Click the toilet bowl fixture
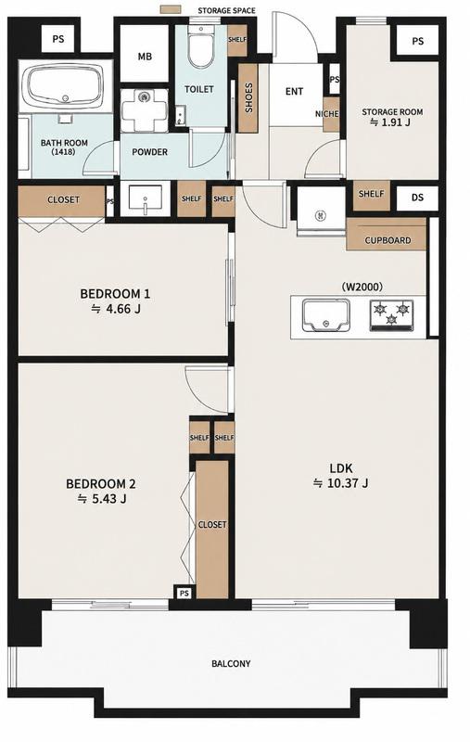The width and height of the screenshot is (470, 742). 201,47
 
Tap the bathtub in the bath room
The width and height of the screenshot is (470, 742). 65,85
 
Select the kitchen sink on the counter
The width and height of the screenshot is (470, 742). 326,315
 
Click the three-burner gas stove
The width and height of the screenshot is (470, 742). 391,314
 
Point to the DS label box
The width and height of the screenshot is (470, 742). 417,198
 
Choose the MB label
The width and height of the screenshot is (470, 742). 145,57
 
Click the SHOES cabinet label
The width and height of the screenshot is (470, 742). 248,98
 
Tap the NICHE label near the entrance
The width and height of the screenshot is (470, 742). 326,114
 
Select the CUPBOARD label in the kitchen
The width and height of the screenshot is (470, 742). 387,240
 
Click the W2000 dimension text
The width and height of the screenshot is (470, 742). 362,287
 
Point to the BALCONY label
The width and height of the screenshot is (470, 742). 231,663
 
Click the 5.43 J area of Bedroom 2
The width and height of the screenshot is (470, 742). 102,499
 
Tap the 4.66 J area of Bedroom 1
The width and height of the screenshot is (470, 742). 116,309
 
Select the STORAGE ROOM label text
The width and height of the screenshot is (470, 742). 392,112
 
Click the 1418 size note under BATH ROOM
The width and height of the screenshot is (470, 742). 64,152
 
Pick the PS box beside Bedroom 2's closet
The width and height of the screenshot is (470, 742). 184,593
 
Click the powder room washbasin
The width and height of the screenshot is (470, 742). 146,198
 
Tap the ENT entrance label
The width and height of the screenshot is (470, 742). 294,91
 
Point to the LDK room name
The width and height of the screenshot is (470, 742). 341,468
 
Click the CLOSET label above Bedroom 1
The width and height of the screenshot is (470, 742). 63,199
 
